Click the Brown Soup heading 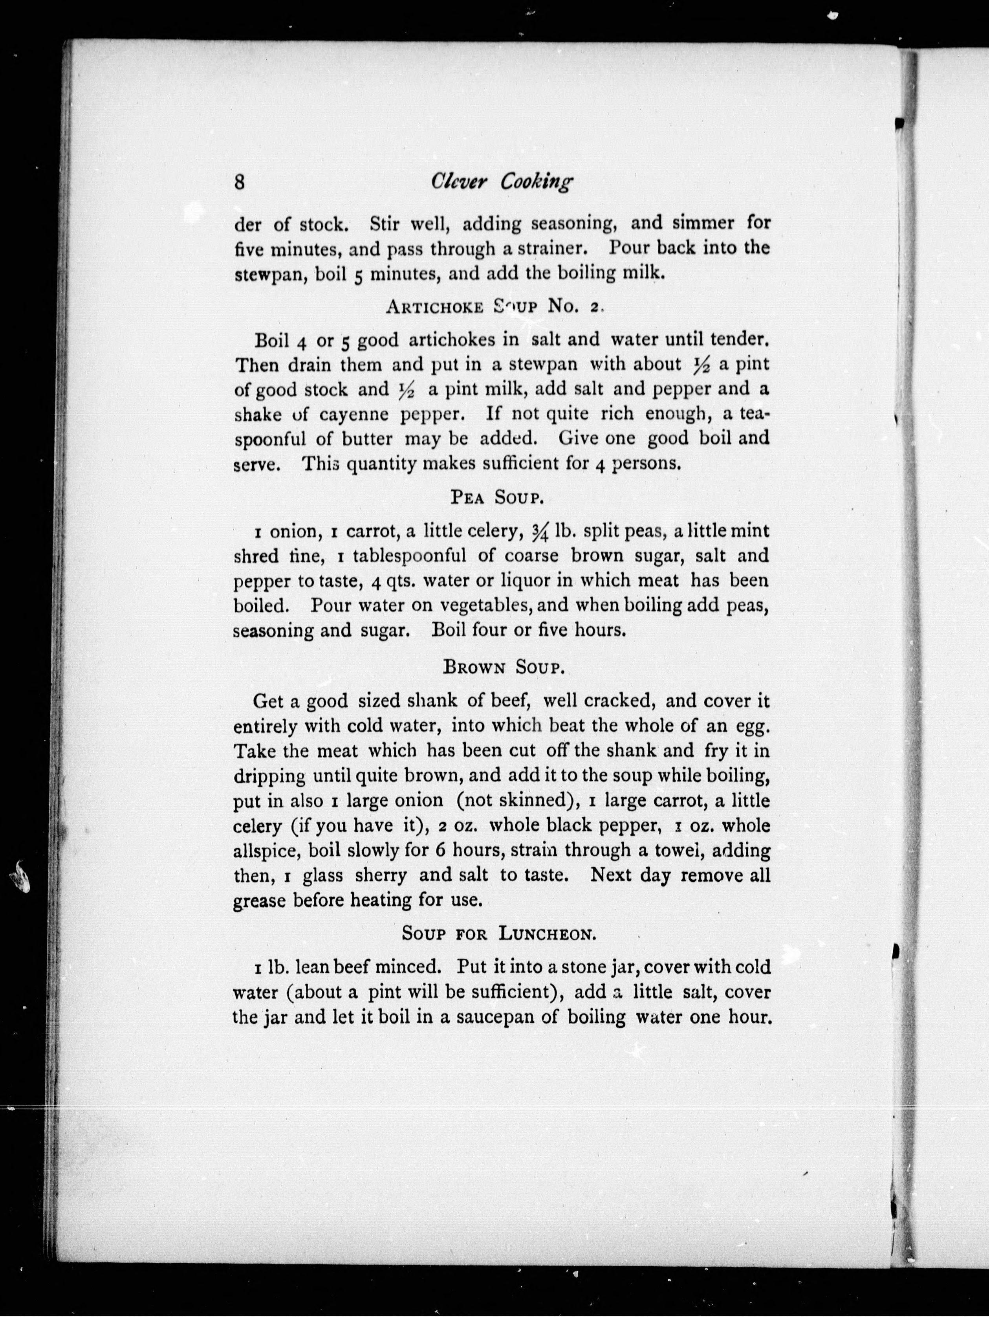(504, 668)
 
